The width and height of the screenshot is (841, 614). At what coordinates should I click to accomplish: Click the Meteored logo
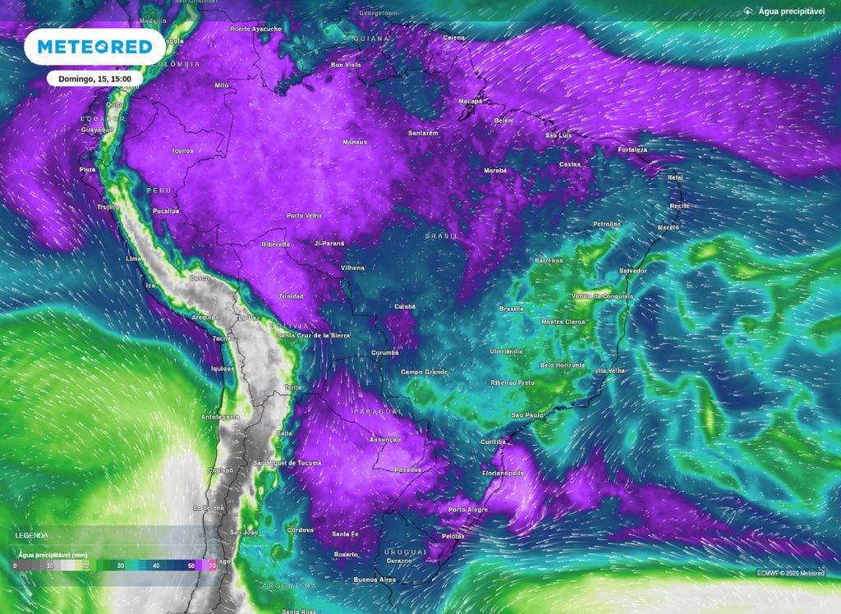pyautogui.click(x=94, y=48)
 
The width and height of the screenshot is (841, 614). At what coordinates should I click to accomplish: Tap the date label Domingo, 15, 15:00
pyautogui.click(x=95, y=79)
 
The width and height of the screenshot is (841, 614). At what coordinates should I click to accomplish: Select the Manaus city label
pyautogui.click(x=354, y=142)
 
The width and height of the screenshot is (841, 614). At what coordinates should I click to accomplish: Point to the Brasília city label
pyautogui.click(x=512, y=309)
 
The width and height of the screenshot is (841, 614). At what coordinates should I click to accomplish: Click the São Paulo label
pyautogui.click(x=527, y=415)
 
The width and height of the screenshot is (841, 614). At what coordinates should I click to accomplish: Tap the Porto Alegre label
pyautogui.click(x=468, y=510)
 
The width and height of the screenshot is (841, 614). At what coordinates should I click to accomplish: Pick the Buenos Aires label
pyautogui.click(x=374, y=580)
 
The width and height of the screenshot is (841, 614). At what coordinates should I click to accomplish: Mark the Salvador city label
pyautogui.click(x=632, y=271)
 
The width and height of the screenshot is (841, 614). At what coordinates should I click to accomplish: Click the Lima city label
pyautogui.click(x=134, y=259)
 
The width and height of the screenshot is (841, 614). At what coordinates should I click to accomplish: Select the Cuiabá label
pyautogui.click(x=404, y=306)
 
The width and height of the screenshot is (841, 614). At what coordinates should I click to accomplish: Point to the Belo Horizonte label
pyautogui.click(x=563, y=365)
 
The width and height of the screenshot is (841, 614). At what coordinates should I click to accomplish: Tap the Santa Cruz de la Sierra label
pyautogui.click(x=314, y=336)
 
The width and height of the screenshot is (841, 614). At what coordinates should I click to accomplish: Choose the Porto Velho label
pyautogui.click(x=304, y=216)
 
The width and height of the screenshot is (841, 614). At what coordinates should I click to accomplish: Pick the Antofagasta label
pyautogui.click(x=220, y=417)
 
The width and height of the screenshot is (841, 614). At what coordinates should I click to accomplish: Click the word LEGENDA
pyautogui.click(x=32, y=535)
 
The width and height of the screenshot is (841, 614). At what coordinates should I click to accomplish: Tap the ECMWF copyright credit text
pyautogui.click(x=790, y=572)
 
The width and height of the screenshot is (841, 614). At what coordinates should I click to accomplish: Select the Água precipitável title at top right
pyautogui.click(x=791, y=11)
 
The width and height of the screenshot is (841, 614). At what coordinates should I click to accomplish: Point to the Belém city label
pyautogui.click(x=503, y=121)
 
